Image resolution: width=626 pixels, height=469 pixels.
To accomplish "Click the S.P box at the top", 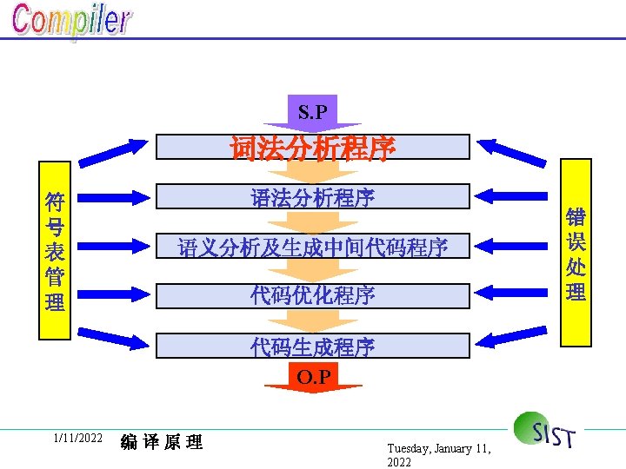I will coord(312,112).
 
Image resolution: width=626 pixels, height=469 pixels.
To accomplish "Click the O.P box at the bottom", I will coord(312,377).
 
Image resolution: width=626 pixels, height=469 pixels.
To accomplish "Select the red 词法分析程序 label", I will coord(313,149).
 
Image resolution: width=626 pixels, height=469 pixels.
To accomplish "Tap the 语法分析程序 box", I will coord(313,198).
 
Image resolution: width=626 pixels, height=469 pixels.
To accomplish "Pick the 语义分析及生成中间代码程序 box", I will coord(313,248).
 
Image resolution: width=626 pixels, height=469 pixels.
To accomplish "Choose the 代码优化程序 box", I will coord(313,295).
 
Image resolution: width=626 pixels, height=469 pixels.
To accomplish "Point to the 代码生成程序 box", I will coord(313,347).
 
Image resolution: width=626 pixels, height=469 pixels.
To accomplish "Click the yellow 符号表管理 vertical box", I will coord(56,252).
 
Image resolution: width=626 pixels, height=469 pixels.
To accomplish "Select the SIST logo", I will coord(545,431).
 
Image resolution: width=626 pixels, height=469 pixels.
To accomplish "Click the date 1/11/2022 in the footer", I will coord(77,438).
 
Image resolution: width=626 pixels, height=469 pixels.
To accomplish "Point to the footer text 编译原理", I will coord(162,442).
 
